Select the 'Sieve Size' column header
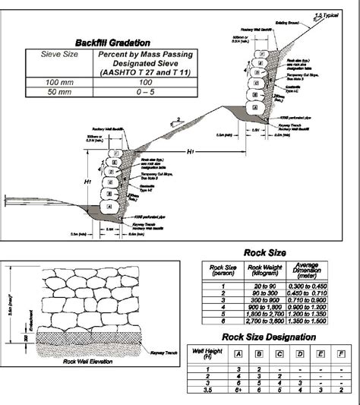click(57, 55)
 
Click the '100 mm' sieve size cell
click(57, 81)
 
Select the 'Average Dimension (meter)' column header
click(308, 270)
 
